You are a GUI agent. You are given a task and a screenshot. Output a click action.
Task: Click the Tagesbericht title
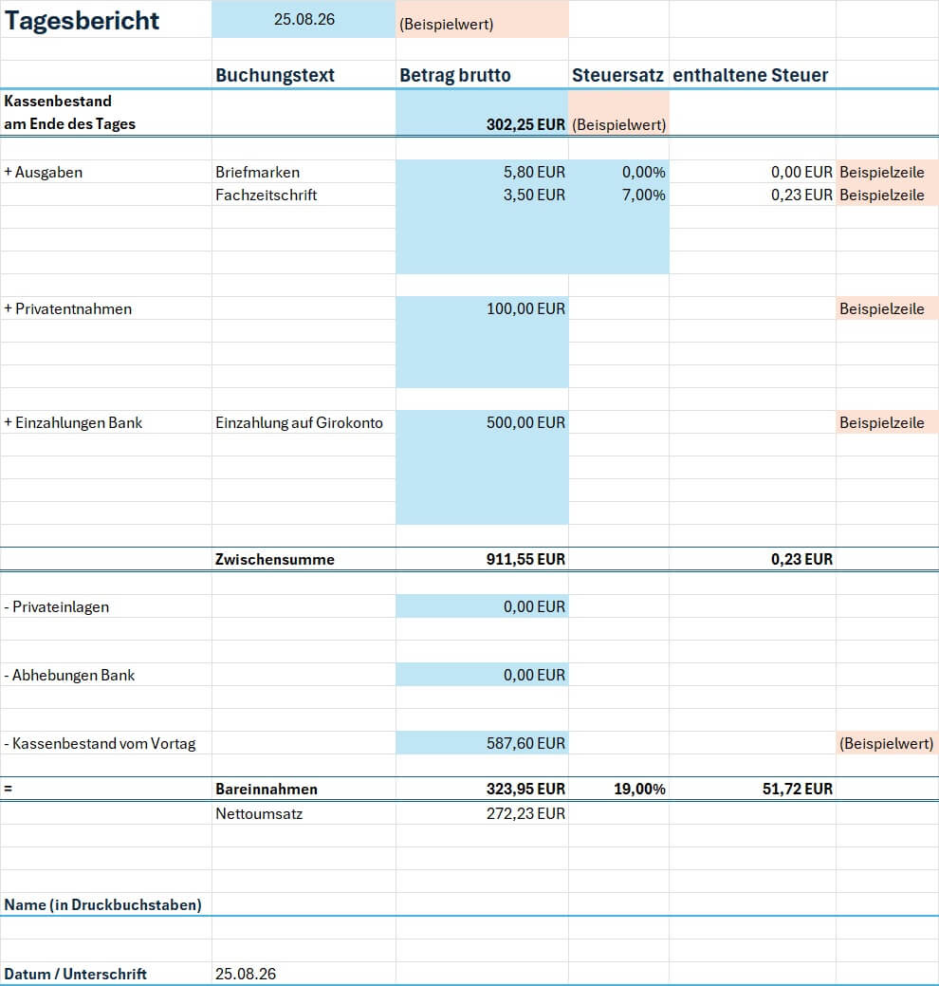[82, 21]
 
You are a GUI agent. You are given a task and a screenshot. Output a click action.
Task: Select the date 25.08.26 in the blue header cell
[304, 20]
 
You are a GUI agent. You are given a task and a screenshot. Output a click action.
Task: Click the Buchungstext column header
[275, 76]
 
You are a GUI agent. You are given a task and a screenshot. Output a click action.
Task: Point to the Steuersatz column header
[617, 76]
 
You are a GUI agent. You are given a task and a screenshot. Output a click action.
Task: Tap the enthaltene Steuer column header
[750, 76]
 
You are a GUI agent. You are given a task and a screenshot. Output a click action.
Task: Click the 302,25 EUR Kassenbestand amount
[525, 124]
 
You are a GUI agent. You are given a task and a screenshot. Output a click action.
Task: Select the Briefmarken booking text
[258, 173]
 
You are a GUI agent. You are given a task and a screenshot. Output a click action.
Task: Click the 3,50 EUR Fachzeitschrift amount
[534, 195]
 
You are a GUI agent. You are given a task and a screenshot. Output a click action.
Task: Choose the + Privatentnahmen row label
[68, 308]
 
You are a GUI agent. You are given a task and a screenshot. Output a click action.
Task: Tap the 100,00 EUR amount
[525, 308]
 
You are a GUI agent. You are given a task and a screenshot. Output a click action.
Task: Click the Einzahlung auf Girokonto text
[299, 422]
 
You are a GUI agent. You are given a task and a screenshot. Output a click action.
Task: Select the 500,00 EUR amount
[525, 422]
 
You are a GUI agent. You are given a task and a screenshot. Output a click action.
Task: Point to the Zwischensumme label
[275, 559]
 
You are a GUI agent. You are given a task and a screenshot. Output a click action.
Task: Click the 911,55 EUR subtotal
[525, 559]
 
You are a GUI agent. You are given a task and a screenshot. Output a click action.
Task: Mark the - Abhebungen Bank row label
[69, 676]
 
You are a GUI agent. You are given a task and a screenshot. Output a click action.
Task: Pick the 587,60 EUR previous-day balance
[525, 743]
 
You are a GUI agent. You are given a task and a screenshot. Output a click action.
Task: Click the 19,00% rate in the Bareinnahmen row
[639, 789]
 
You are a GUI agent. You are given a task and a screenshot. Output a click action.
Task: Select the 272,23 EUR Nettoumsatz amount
[525, 813]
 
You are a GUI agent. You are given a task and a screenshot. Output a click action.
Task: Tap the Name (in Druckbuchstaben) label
[103, 905]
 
